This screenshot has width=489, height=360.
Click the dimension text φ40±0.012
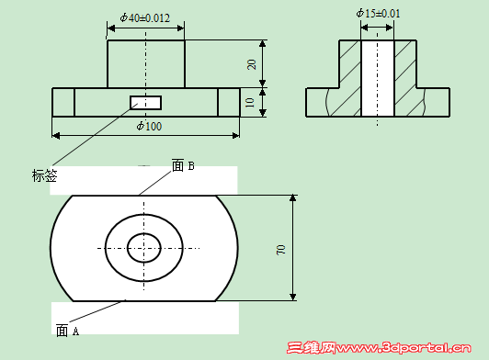click(x=145, y=17)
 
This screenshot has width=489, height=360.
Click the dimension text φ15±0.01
click(x=378, y=14)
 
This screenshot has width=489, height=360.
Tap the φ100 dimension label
click(x=149, y=126)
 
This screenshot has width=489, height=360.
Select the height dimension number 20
click(x=251, y=64)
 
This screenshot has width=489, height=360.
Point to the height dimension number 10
click(x=250, y=103)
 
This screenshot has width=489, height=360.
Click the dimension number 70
click(x=280, y=250)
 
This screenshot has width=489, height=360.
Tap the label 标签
click(x=45, y=175)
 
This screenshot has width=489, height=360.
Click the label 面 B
click(x=183, y=165)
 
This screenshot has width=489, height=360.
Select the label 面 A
click(x=67, y=331)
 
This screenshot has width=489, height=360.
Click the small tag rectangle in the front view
click(x=145, y=103)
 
